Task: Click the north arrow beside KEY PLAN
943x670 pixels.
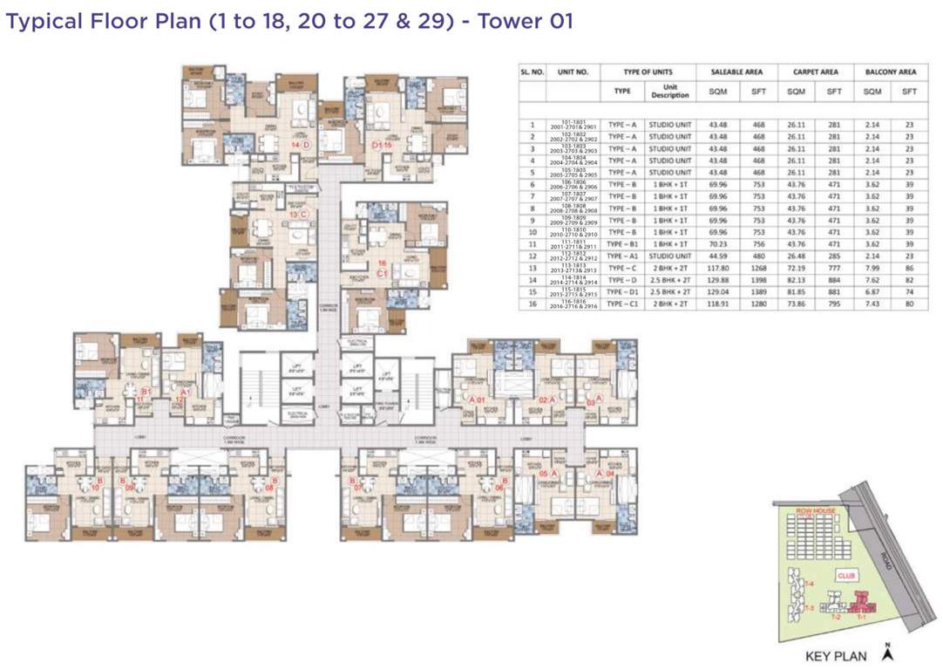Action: pos(887,652)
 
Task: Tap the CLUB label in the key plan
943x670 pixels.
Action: pos(845,576)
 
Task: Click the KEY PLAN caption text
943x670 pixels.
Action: pos(835,656)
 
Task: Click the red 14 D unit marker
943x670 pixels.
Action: pos(300,145)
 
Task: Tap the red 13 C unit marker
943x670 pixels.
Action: pos(298,214)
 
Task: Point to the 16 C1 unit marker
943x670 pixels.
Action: pos(382,267)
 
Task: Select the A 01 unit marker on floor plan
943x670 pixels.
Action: pos(476,400)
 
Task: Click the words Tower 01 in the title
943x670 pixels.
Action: pos(524,20)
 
